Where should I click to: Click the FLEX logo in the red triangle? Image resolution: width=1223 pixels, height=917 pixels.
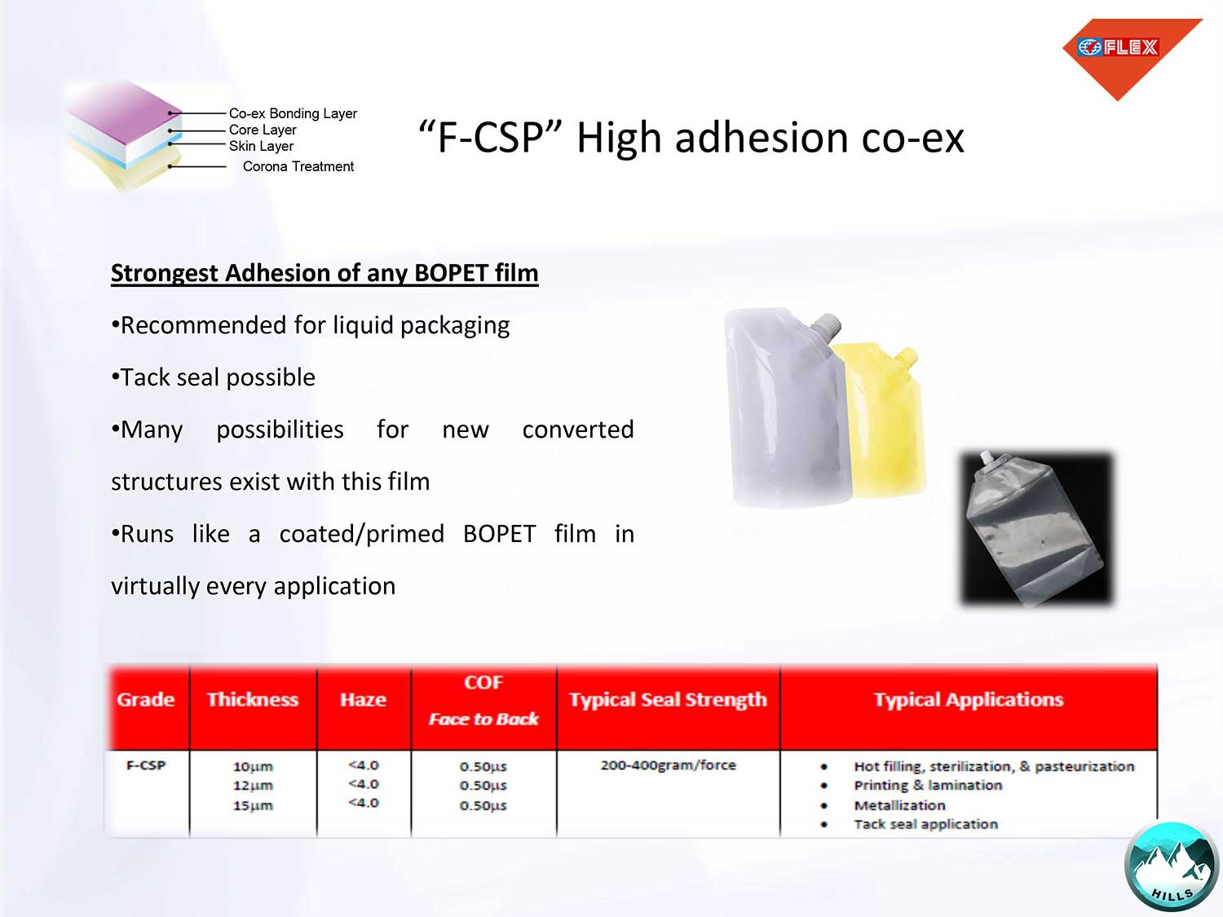(1118, 47)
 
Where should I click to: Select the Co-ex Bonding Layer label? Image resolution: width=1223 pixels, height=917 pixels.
(293, 113)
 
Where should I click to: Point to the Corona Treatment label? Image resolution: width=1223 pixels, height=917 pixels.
(298, 166)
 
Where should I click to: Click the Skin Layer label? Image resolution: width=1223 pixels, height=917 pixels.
(261, 146)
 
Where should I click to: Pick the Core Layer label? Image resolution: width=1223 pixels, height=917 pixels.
(263, 130)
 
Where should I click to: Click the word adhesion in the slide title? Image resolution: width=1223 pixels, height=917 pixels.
(762, 138)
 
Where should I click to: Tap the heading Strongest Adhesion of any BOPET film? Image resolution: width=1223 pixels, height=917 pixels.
(325, 273)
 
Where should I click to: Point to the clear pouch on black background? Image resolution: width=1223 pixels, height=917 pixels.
(1036, 528)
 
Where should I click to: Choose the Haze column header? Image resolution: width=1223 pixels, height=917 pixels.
(364, 699)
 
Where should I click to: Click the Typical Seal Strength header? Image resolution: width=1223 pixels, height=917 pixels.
(668, 699)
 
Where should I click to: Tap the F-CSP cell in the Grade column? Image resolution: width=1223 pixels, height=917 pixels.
(146, 765)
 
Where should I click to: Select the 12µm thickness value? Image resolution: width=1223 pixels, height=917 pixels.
(253, 786)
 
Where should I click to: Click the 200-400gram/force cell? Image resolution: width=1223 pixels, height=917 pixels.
(668, 765)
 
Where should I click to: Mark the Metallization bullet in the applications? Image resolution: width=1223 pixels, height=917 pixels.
(899, 805)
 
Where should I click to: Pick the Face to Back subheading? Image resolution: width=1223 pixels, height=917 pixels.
(483, 719)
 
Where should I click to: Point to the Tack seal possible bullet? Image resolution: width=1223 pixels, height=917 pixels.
(214, 377)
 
